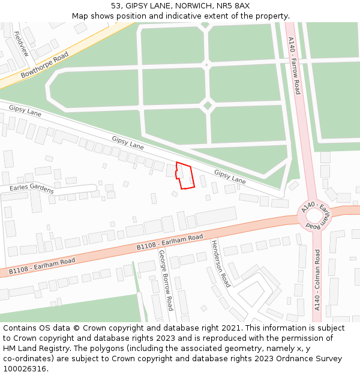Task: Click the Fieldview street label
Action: click(20, 44)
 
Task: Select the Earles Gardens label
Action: click(32, 189)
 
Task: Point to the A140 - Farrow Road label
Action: click(294, 65)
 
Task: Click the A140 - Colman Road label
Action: click(317, 280)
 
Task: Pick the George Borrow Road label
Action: click(166, 280)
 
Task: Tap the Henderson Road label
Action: click(220, 263)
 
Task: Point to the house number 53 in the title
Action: click(116, 5)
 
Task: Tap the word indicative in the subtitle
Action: click(190, 16)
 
